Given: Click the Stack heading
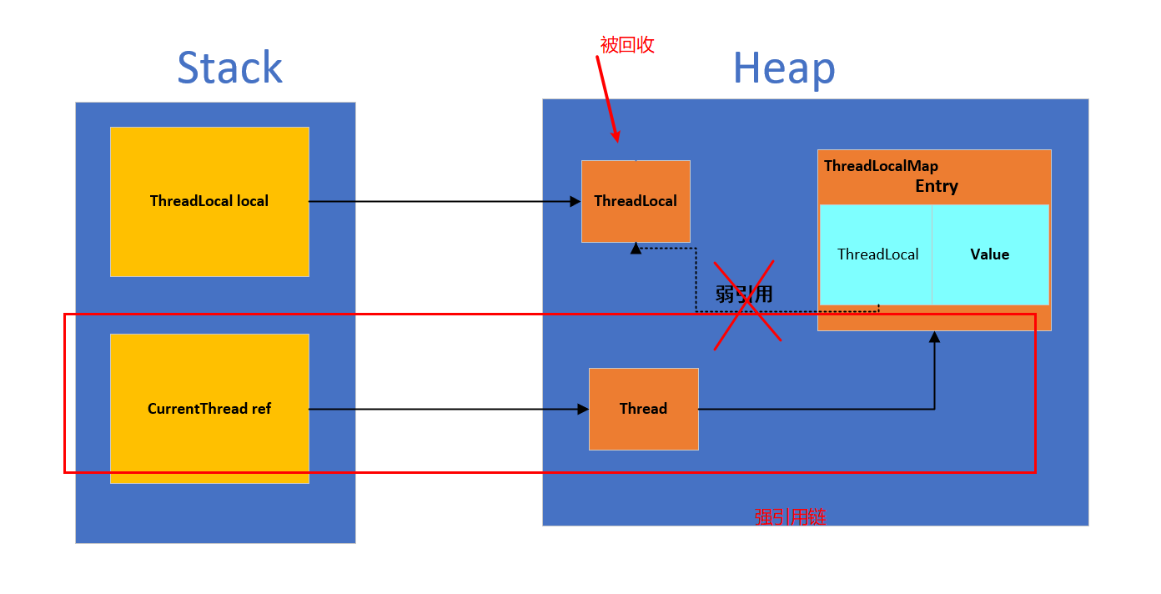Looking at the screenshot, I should click(x=229, y=68).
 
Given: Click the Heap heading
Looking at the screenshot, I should click(x=783, y=68).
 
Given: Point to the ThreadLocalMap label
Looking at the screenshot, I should click(x=881, y=166).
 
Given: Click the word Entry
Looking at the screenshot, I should click(x=937, y=186).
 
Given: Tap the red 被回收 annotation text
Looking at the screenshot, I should click(x=627, y=45).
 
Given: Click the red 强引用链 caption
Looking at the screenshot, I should click(x=790, y=517).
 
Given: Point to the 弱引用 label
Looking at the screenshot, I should click(x=744, y=294).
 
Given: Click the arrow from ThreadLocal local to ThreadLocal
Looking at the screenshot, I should click(x=442, y=201).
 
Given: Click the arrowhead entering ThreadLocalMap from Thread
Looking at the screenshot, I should click(x=934, y=336).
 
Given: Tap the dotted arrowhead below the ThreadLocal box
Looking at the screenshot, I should click(x=636, y=248).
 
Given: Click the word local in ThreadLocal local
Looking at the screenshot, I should click(x=253, y=201).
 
